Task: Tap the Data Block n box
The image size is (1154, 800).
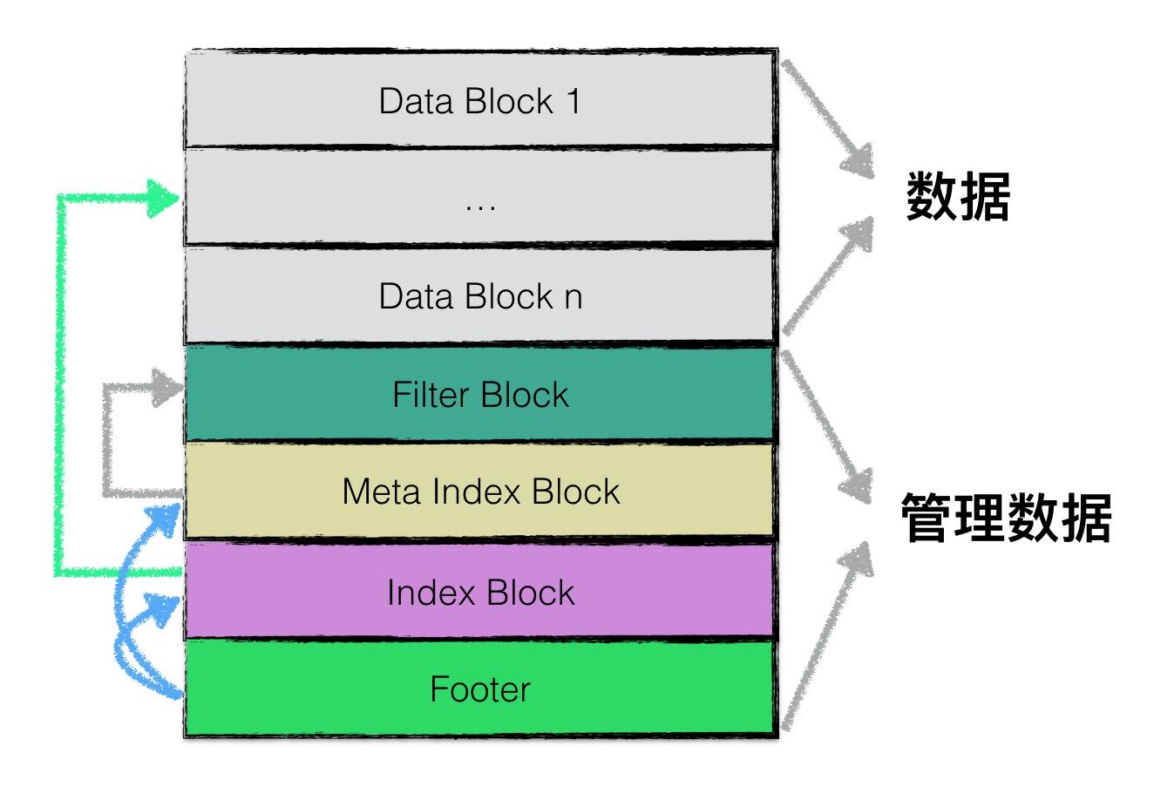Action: [479, 295]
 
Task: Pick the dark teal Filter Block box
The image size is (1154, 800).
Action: [479, 394]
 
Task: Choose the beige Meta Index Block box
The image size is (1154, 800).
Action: [479, 491]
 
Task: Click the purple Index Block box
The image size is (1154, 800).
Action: [479, 592]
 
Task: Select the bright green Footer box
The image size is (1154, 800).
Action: [479, 688]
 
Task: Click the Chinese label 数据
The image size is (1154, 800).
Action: [958, 198]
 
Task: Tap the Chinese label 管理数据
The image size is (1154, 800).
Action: [1005, 518]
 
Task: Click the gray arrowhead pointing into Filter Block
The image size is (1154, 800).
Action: [165, 388]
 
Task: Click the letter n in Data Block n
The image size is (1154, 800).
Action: [572, 297]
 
